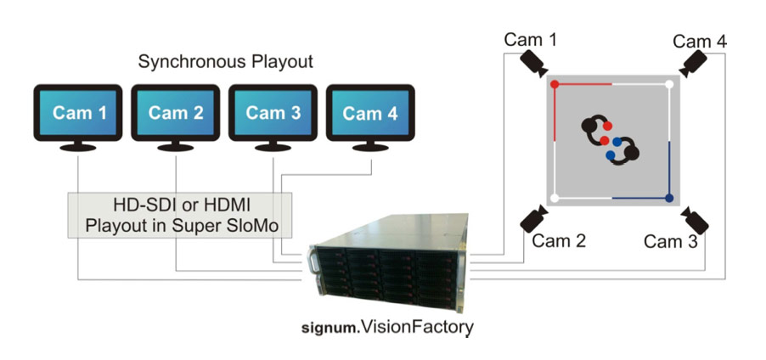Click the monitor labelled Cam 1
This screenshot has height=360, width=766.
pos(80,113)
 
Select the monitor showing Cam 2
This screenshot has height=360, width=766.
pos(177,113)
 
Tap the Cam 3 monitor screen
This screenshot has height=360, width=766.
pos(273,113)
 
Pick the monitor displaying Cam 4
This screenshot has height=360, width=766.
pos(369,113)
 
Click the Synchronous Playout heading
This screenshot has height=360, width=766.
pos(226,62)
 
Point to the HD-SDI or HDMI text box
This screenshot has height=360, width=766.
pos(179,215)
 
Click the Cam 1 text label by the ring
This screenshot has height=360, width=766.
pos(531,39)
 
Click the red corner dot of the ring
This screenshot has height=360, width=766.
pos(555,85)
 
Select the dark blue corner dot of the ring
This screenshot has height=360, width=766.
pos(669,199)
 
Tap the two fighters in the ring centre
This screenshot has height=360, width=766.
pos(610,140)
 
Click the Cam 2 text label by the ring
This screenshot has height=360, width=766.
pos(559,241)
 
